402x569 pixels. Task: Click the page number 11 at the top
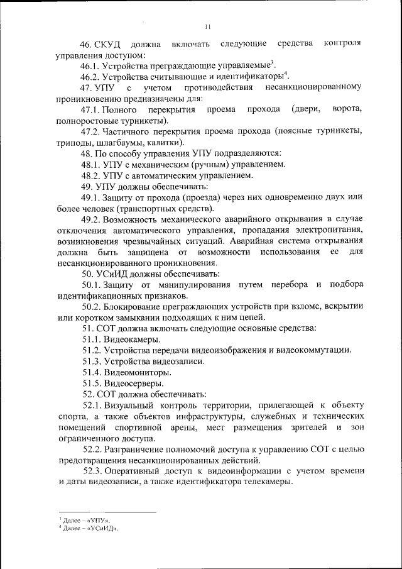[x=208, y=26]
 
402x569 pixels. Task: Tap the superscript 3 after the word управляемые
[x=271, y=62]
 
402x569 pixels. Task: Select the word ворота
[x=347, y=109]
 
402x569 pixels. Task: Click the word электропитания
[x=327, y=230]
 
